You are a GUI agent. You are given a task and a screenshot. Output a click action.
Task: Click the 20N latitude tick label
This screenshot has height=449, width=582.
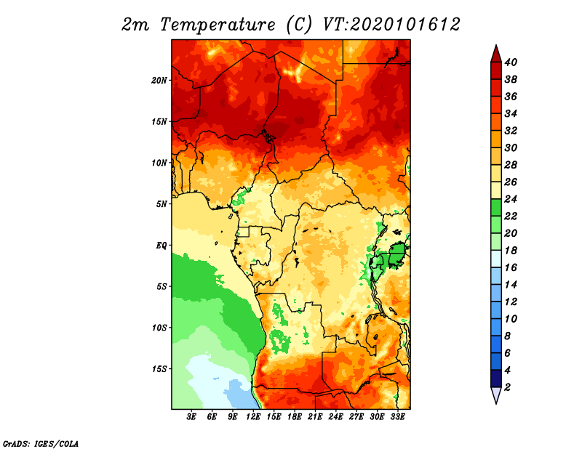[159, 80]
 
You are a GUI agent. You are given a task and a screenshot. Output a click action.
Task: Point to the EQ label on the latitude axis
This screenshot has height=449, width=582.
[161, 246]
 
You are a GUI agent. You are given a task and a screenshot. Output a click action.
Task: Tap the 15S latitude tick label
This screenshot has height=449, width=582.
[159, 369]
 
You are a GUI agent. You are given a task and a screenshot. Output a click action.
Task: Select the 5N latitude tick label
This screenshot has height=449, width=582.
[162, 204]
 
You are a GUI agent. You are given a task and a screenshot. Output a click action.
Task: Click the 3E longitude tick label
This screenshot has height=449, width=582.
[191, 417]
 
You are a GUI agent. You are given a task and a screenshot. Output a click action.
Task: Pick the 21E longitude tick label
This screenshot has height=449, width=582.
[315, 417]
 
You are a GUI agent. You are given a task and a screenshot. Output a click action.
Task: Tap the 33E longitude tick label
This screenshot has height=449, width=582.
[397, 417]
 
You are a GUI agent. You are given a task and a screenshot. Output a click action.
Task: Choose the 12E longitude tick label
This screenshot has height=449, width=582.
[253, 417]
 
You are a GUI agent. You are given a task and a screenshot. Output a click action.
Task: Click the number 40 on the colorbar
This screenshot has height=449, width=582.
[511, 62]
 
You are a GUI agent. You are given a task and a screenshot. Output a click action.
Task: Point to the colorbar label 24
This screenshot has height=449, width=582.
[511, 199]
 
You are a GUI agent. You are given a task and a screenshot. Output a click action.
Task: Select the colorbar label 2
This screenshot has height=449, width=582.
[507, 387]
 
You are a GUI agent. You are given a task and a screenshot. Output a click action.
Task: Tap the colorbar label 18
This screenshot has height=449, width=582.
[511, 251]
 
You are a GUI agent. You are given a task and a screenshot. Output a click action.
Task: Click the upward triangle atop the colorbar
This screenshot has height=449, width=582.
[496, 54]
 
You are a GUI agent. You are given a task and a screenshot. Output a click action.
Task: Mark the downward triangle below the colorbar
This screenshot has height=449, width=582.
[496, 395]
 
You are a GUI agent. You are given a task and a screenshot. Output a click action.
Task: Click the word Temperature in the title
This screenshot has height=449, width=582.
[218, 25]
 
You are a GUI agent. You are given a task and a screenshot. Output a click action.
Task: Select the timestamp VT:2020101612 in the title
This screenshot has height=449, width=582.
[391, 25]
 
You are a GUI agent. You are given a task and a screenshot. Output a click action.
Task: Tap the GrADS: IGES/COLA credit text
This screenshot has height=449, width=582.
[41, 444]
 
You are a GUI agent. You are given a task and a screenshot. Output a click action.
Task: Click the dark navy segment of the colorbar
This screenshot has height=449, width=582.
[496, 379]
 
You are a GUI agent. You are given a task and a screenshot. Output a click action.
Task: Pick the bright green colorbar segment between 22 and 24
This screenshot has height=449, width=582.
[496, 208]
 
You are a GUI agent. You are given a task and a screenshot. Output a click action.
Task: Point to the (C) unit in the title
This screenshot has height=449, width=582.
[299, 25]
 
